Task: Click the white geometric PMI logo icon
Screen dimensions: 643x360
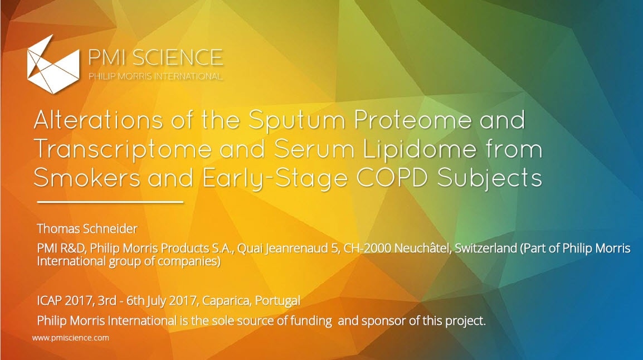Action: point(53,64)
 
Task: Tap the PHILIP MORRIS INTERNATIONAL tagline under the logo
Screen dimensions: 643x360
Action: point(155,76)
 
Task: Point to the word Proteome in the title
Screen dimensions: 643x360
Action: point(412,120)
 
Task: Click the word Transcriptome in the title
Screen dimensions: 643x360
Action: point(122,150)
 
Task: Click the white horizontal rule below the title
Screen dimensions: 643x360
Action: point(110,202)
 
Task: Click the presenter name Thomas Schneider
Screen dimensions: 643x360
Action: point(87,228)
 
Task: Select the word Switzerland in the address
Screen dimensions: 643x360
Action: point(485,248)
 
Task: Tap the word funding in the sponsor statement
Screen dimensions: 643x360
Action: point(311,320)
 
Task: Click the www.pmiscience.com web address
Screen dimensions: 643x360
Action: point(71,338)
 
